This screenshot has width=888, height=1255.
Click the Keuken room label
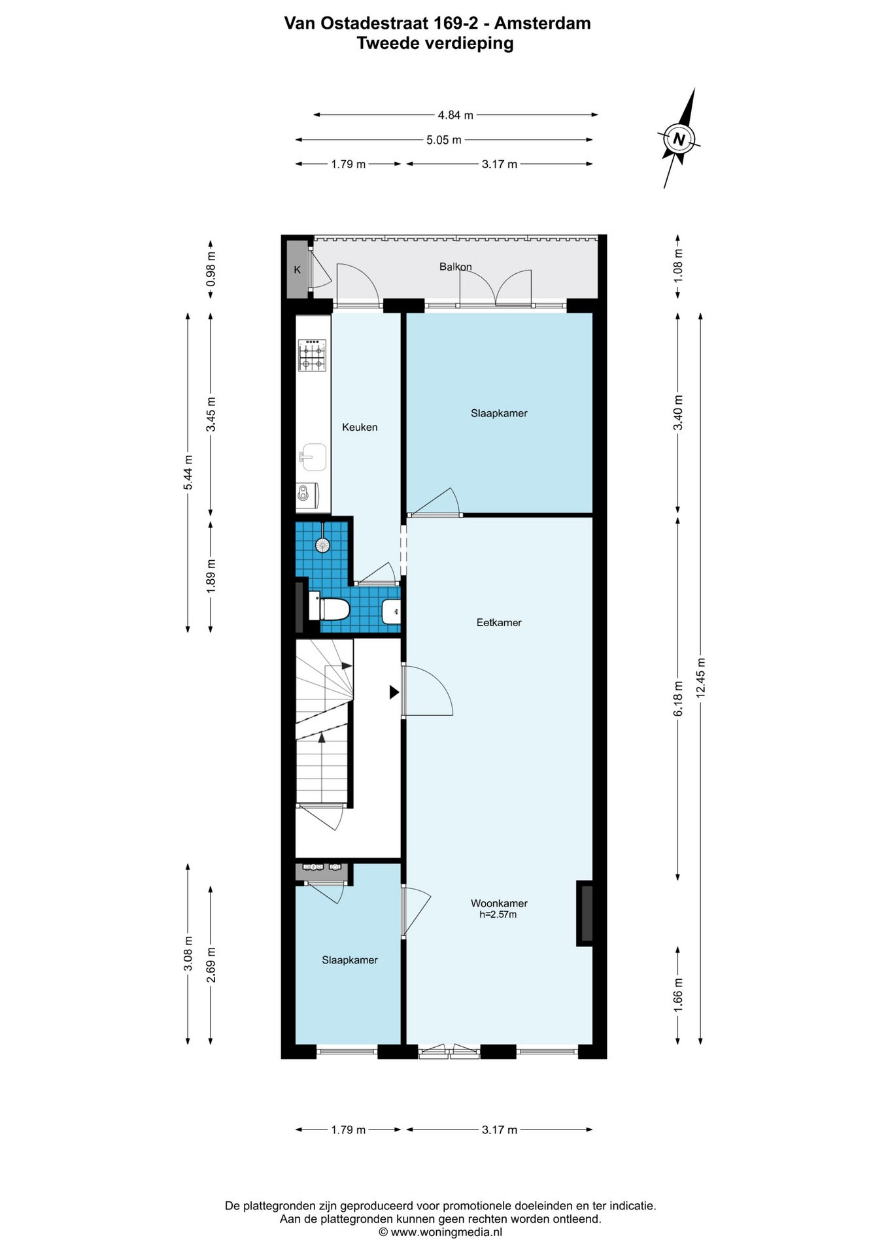tap(360, 427)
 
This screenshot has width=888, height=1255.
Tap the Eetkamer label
tap(499, 622)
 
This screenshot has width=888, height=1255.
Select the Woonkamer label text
tap(499, 903)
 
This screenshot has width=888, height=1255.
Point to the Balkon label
tap(455, 267)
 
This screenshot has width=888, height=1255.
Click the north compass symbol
tap(679, 139)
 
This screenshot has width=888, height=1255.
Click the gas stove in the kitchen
tap(312, 355)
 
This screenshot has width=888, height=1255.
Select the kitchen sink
tap(313, 456)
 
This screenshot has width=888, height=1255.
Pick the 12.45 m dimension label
tap(700, 677)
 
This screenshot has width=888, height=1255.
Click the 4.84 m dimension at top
tap(456, 115)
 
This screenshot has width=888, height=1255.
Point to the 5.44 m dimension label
tap(188, 472)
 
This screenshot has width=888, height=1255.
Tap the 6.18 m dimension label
tap(678, 698)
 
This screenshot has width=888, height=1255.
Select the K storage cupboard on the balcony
tap(298, 269)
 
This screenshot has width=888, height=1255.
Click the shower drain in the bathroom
tap(322, 544)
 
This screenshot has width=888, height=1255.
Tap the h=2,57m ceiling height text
tap(498, 914)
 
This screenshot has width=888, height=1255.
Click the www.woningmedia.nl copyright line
tap(441, 1232)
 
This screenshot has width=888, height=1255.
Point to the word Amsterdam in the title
tap(542, 24)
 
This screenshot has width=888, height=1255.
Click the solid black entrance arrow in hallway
tap(394, 692)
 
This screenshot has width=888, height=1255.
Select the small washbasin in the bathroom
tap(391, 612)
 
